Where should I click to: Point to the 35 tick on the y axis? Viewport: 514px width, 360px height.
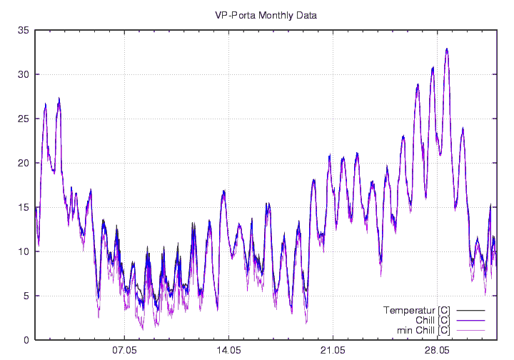tap(24, 30)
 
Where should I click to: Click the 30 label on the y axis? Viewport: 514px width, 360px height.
tap(24, 74)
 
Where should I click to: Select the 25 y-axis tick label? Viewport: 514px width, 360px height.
tap(24, 119)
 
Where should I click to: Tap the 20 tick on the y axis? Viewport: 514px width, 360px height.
tap(24, 163)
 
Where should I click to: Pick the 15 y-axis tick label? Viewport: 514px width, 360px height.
tap(24, 207)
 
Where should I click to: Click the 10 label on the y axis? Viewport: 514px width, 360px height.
tap(24, 251)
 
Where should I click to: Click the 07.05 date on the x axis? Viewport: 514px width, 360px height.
tap(124, 351)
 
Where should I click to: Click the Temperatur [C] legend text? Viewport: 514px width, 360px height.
tap(416, 310)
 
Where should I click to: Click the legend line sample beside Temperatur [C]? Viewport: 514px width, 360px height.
tap(470, 310)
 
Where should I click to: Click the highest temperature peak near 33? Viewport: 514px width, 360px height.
tap(447, 49)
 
